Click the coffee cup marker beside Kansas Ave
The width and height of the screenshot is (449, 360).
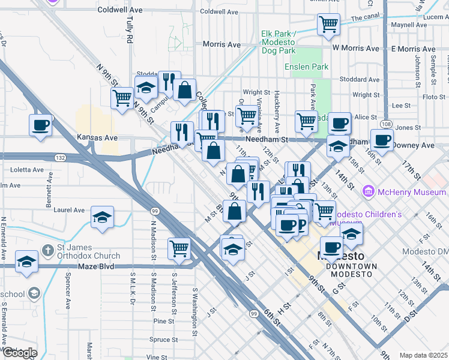(x=40, y=125)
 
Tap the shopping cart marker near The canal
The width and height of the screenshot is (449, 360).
(x=328, y=25)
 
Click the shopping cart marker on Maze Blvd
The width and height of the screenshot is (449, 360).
(x=179, y=247)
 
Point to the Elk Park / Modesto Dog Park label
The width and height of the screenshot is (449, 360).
(x=279, y=43)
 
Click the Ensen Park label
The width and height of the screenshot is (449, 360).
(x=306, y=67)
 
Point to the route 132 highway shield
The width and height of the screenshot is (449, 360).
(x=61, y=157)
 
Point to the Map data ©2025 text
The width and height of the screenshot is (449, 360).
(x=423, y=355)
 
